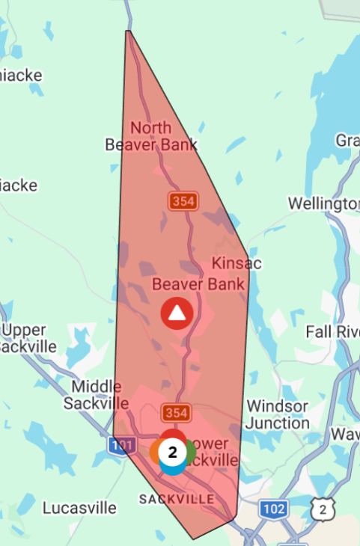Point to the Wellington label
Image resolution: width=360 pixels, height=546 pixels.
tap(324, 204)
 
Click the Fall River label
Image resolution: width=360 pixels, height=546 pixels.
tap(332, 331)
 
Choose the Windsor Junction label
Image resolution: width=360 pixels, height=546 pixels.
tap(277, 414)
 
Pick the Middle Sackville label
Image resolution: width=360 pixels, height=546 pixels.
tap(97, 394)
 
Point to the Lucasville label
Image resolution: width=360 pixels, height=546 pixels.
tap(79, 508)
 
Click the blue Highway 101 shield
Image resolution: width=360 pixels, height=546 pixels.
tap(120, 445)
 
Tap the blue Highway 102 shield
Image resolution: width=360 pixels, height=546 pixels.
tap(274, 509)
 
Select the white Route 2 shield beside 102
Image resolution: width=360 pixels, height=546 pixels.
tap(323, 509)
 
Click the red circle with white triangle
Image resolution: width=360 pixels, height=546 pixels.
tap(177, 314)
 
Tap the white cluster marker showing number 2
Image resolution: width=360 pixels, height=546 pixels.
tap(173, 452)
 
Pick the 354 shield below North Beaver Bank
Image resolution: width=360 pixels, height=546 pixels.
tap(183, 200)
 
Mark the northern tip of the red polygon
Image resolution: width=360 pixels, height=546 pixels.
tap(128, 31)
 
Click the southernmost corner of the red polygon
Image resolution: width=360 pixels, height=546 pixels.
tap(194, 539)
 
